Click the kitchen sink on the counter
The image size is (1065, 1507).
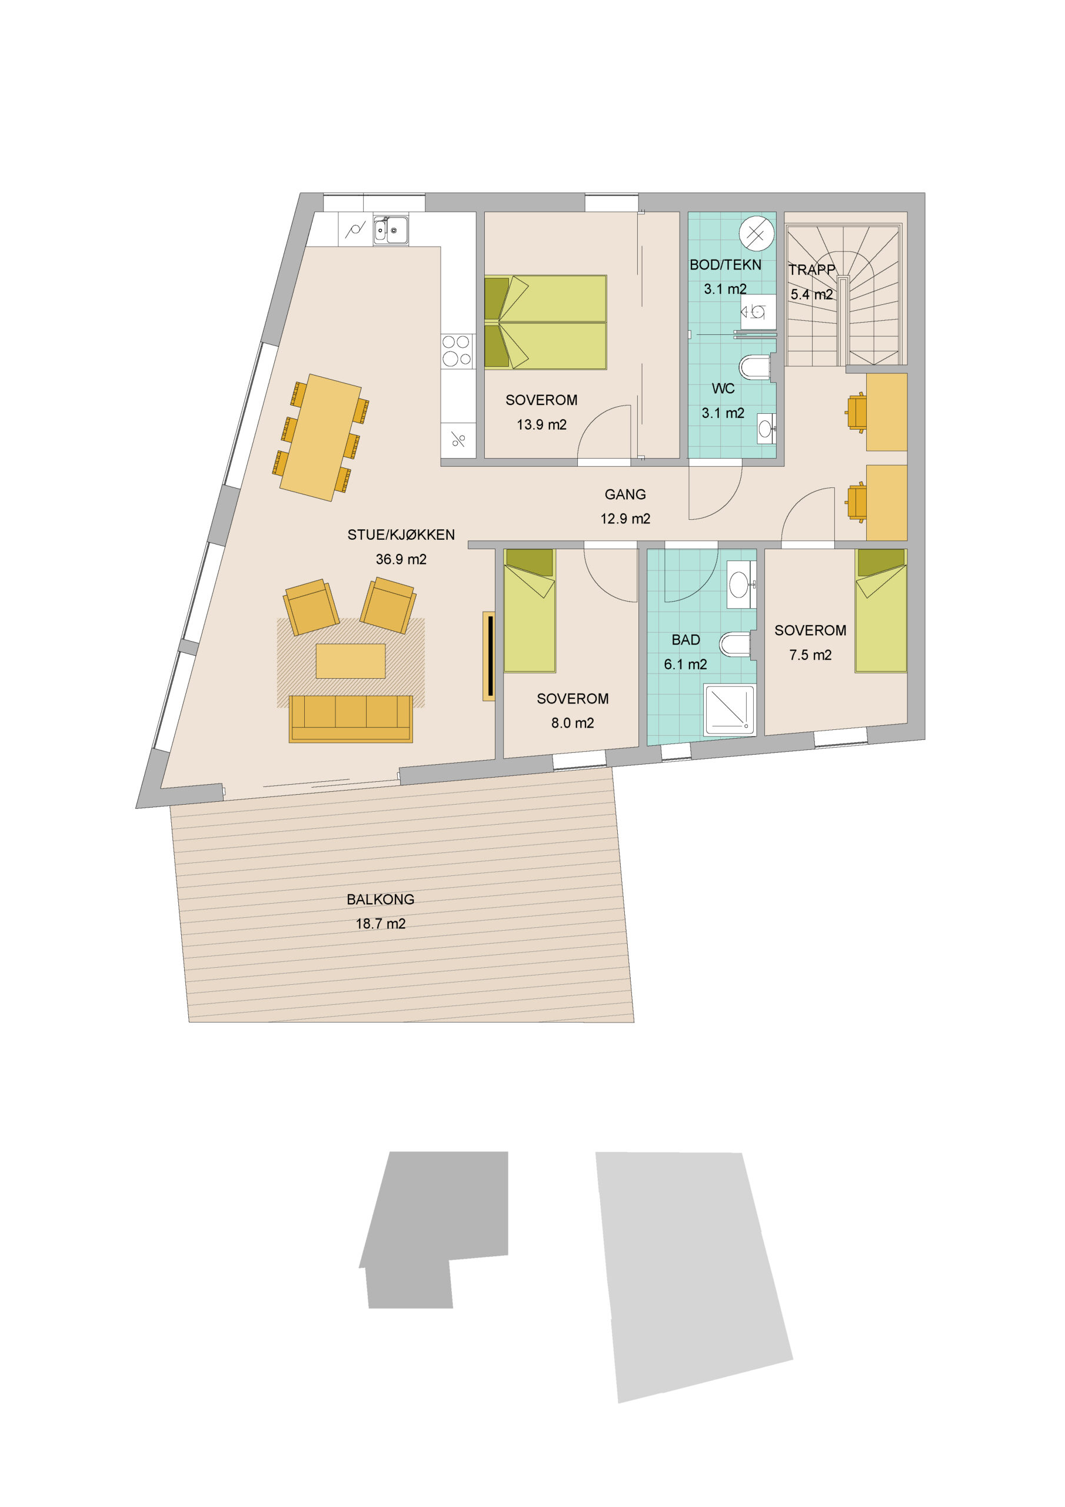391,230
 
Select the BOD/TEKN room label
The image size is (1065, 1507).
725,264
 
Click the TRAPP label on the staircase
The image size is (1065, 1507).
812,269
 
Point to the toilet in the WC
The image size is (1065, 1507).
755,367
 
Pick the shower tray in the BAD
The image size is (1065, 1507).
729,709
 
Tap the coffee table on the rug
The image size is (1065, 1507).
351,660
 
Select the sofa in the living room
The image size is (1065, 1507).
351,719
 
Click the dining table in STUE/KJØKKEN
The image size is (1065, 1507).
321,437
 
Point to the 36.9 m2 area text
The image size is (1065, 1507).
401,559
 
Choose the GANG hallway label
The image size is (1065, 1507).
625,494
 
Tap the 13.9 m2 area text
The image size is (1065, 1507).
541,424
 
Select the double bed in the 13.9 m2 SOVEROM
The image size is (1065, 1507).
545,322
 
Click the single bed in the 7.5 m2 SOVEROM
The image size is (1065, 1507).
881,610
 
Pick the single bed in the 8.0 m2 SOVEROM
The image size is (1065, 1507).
530,610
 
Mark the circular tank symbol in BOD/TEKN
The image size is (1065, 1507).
756,233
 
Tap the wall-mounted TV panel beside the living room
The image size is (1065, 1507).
489,656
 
